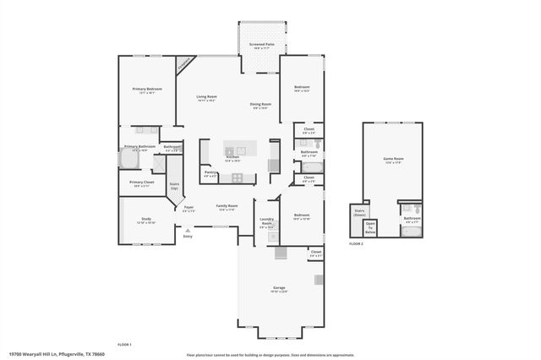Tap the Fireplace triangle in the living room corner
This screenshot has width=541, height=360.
[x=183, y=64]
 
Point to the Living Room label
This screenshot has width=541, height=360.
[x=206, y=96]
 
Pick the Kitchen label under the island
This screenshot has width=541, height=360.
[x=232, y=157]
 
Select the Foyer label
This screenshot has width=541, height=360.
[x=189, y=208]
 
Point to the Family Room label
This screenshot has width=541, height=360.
[x=227, y=206]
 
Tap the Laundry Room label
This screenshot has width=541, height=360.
[x=267, y=223]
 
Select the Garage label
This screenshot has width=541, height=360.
[x=279, y=288]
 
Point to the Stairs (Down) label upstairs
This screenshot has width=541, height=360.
[x=358, y=214]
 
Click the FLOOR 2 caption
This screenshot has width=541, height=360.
[x=356, y=243]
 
